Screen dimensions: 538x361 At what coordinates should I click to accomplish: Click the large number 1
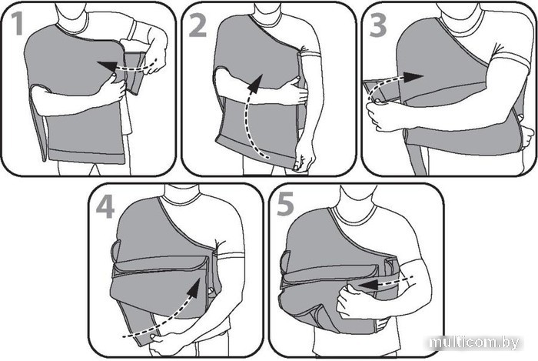point(17,24)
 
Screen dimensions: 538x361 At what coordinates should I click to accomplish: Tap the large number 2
point(198,25)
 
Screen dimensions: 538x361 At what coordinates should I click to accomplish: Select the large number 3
point(378,25)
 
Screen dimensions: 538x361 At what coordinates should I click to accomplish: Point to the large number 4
point(105,207)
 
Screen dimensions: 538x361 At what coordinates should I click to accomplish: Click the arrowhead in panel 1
point(107,65)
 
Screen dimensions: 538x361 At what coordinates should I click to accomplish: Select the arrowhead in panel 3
point(413,77)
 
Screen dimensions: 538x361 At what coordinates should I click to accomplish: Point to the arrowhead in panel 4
point(195,289)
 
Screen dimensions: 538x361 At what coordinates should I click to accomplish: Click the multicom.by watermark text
point(474,342)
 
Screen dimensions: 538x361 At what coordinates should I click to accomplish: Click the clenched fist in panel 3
point(380,115)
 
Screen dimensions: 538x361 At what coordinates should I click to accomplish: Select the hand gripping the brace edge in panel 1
point(113,89)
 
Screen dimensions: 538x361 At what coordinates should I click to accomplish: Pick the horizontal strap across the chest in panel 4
point(161,266)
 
